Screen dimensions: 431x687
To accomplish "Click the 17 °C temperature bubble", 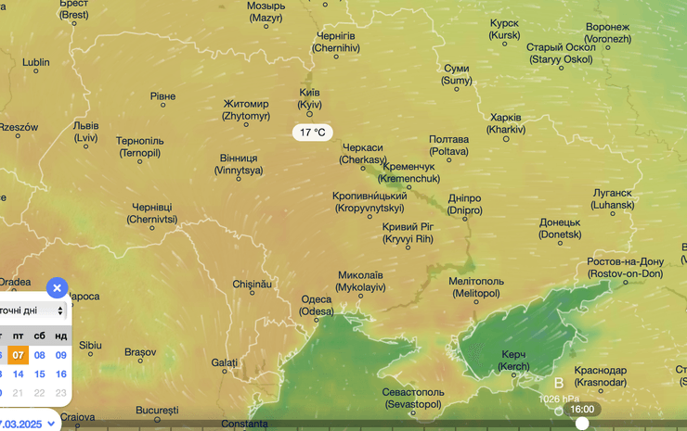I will click(312, 133).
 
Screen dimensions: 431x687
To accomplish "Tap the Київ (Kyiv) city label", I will click(310, 99).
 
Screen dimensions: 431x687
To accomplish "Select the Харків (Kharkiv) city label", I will click(506, 124).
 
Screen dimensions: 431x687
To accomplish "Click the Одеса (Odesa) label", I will click(317, 306).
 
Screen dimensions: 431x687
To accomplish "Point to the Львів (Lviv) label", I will click(85, 132).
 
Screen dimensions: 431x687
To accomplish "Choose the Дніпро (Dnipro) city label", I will click(464, 205).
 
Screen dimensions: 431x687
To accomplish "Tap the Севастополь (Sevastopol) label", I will click(412, 399).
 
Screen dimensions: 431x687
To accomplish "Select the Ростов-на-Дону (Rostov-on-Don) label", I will click(625, 268).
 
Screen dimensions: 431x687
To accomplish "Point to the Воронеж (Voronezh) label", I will click(608, 33).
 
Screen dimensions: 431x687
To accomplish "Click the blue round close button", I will click(57, 288).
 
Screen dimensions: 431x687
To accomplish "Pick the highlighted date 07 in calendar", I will click(18, 354).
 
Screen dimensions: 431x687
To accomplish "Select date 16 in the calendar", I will click(61, 374).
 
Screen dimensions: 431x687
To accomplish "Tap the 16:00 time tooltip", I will click(582, 409).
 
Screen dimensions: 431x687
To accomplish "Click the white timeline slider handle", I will click(582, 424).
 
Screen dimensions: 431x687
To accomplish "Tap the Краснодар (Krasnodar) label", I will click(600, 376).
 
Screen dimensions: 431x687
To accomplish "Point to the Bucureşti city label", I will click(156, 410).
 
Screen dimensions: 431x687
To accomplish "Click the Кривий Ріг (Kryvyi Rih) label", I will click(408, 233).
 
